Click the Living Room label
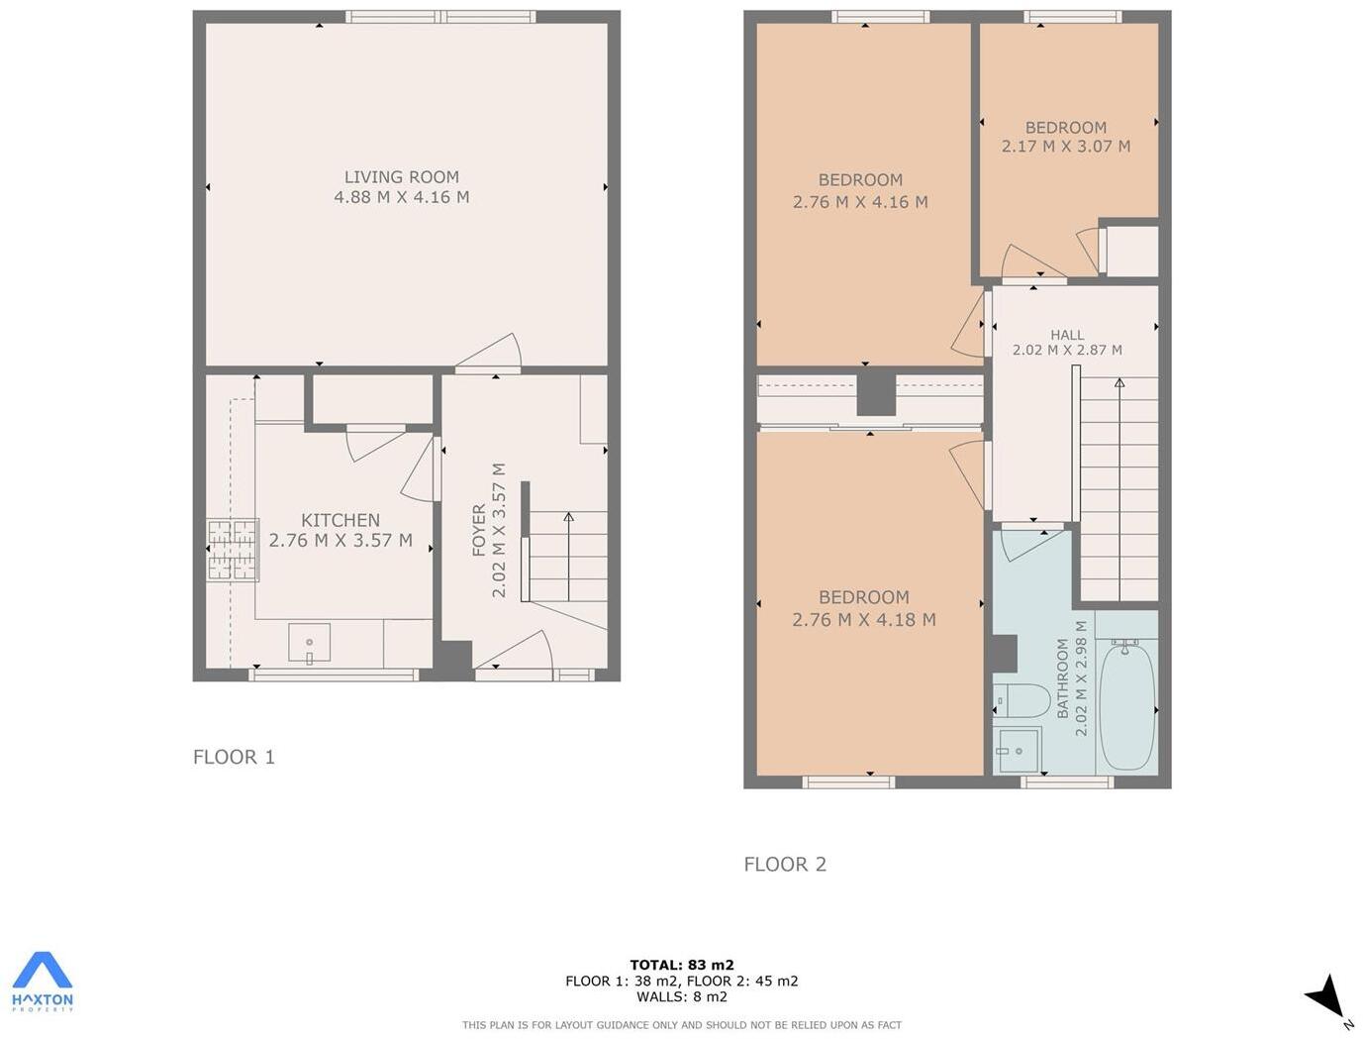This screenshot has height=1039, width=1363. tap(401, 177)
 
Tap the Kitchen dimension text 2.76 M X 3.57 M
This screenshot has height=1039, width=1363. tap(341, 541)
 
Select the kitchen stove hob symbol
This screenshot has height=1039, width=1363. tap(233, 550)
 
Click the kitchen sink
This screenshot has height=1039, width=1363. tap(310, 642)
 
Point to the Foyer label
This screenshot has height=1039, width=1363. tap(479, 530)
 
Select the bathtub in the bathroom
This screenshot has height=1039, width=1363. tap(1126, 704)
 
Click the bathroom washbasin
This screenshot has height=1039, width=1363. tap(1018, 750)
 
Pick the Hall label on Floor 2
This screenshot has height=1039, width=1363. tap(1067, 335)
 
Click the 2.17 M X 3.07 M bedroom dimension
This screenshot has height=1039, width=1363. tap(1065, 147)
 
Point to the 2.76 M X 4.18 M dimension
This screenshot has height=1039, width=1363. tap(863, 620)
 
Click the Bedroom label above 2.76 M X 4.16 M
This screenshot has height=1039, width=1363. tap(860, 180)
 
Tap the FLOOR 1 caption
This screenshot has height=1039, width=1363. tap(234, 757)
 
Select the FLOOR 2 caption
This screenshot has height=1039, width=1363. tap(785, 864)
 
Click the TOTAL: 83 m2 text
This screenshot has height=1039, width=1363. tap(681, 965)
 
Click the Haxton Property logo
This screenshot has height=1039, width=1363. tap(43, 982)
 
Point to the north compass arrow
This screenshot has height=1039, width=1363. tap(1326, 994)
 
